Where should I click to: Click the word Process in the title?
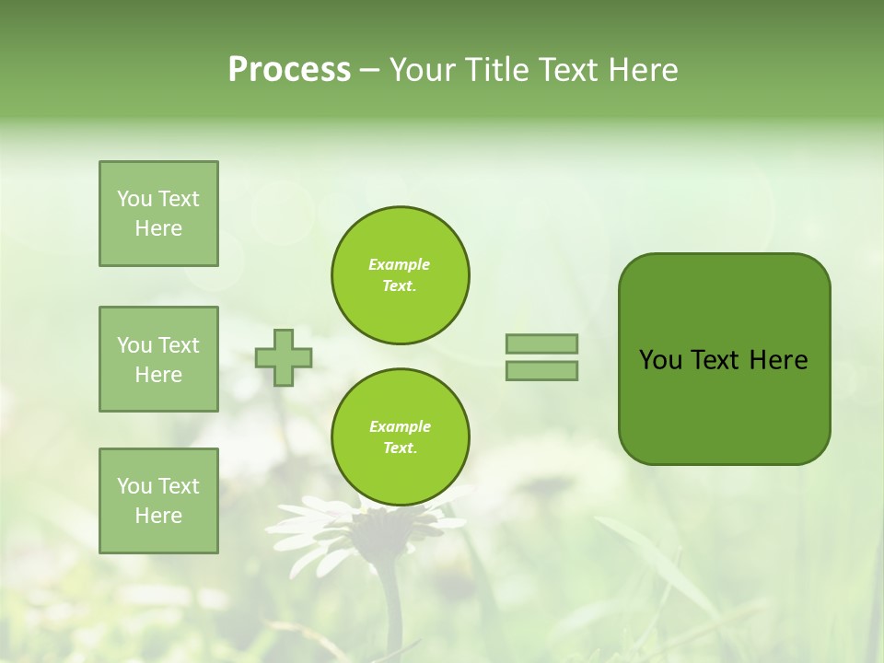point(289,70)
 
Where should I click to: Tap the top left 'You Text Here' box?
point(158,214)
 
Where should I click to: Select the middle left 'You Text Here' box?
point(158,359)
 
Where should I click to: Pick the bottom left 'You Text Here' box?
point(158,501)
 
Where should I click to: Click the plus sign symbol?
point(284,357)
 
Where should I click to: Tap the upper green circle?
point(400,275)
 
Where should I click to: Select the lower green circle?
point(400,437)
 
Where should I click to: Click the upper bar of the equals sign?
point(541,343)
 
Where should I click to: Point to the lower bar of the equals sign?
point(541,371)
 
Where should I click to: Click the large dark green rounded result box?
point(724,359)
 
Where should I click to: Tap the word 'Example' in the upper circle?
point(400,264)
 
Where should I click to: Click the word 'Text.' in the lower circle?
point(400,448)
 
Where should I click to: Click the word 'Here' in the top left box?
point(158,228)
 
